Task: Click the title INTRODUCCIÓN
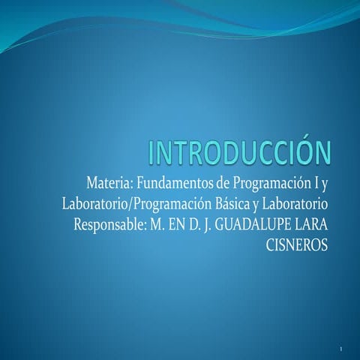point(239,152)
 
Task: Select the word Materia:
point(111,184)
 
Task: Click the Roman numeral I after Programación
point(314,184)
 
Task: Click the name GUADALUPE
point(251,225)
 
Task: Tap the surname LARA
point(310,225)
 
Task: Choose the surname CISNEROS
point(298,245)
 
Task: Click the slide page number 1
point(341,350)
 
